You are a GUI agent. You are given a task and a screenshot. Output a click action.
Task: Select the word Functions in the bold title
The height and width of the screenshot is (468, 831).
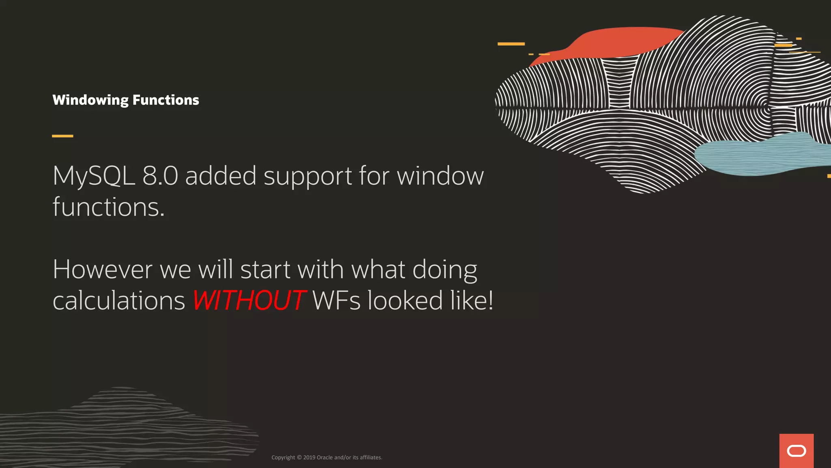pos(166,100)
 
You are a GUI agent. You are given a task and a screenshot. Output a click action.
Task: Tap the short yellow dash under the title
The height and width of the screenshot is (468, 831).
pos(62,136)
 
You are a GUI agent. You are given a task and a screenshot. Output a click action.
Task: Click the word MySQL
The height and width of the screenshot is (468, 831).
pos(94,176)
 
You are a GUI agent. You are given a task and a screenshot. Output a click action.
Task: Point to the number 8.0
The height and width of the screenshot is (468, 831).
pos(160,176)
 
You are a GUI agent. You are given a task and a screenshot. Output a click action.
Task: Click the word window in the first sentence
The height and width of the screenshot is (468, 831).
pos(440,176)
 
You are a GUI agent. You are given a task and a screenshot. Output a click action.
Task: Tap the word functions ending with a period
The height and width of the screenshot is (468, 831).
pos(108,207)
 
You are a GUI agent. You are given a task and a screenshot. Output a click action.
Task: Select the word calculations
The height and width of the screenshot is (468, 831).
pos(119,301)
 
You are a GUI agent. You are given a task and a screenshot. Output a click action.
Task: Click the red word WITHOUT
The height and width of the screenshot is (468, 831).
pos(249,301)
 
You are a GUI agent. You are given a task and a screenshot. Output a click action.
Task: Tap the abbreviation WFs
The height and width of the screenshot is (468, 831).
pos(336,301)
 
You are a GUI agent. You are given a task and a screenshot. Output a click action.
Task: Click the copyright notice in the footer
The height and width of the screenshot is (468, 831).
pos(327,457)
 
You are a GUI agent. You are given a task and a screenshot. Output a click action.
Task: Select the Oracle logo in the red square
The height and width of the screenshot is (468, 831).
pos(796,451)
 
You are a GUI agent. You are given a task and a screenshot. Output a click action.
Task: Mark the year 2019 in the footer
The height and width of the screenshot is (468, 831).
pos(309,457)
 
